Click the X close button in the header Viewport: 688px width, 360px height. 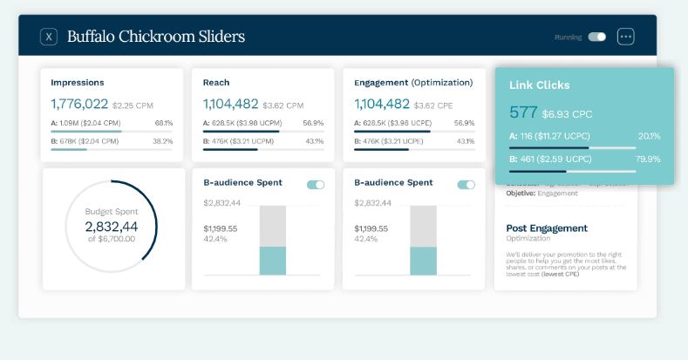(49, 37)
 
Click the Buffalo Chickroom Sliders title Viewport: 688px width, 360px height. (156, 37)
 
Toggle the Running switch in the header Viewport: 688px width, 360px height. (597, 37)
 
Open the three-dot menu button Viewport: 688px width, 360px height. (625, 37)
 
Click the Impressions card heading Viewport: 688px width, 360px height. (77, 83)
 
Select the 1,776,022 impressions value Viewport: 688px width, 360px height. (79, 104)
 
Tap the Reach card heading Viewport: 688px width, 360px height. (216, 83)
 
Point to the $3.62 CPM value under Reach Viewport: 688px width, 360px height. (283, 105)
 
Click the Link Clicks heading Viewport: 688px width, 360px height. (539, 85)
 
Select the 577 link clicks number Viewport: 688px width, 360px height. (523, 112)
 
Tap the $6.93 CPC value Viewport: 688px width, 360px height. (567, 114)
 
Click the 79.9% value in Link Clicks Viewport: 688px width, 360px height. (648, 160)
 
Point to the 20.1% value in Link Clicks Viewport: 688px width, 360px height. (649, 137)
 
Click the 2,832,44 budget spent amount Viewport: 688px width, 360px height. (111, 227)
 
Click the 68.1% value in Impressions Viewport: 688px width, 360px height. (163, 123)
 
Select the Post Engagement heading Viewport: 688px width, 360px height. (547, 228)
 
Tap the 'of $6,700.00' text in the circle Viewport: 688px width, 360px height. (111, 239)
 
